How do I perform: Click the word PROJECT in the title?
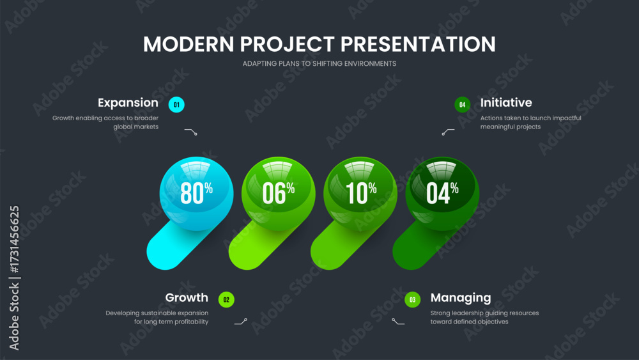tap(288, 44)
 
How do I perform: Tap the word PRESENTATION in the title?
tap(418, 44)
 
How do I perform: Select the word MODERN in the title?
tap(189, 44)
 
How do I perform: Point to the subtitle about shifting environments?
tap(319, 63)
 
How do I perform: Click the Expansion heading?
tap(128, 103)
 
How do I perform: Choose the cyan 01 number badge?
tap(176, 105)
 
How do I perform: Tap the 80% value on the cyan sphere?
tap(196, 193)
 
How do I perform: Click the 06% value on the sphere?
tap(279, 193)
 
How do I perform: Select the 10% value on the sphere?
tap(361, 193)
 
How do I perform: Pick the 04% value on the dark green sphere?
tap(443, 193)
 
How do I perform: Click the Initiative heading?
tap(506, 103)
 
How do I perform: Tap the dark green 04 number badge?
tap(463, 105)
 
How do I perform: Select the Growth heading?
tap(187, 297)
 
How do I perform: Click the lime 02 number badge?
tap(226, 300)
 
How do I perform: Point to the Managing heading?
tap(461, 298)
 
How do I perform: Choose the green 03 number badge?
tap(412, 300)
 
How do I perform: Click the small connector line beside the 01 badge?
tap(190, 131)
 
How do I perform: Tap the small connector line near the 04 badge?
tap(448, 132)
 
